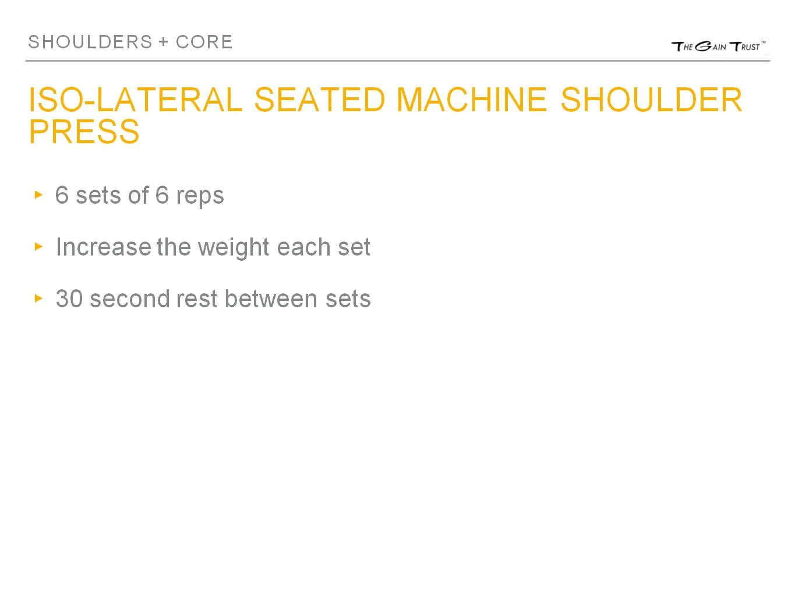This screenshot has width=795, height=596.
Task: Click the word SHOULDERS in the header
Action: [x=90, y=42]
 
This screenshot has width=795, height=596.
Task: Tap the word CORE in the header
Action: [x=204, y=42]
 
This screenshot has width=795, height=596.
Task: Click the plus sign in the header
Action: [x=163, y=42]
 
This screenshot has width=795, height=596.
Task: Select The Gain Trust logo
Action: [x=718, y=47]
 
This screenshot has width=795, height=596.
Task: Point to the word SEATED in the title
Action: [x=320, y=100]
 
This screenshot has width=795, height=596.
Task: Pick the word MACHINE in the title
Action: [x=471, y=100]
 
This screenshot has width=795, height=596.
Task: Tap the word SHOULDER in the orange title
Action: [x=651, y=100]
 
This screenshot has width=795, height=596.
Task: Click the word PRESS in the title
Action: [x=84, y=132]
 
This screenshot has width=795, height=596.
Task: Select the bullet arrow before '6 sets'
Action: [x=39, y=194]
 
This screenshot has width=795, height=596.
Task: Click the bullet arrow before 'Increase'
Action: [x=39, y=247]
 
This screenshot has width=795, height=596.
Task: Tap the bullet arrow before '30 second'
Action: [x=39, y=299]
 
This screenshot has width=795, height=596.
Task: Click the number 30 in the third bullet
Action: [x=69, y=299]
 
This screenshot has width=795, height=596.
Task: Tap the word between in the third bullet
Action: [x=271, y=299]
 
